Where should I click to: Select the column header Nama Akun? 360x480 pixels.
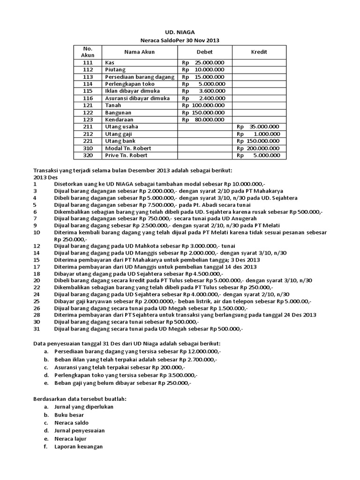[139, 52]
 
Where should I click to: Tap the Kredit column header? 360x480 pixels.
[259, 52]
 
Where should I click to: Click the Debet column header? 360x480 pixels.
[204, 52]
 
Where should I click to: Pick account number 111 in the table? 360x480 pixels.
[88, 62]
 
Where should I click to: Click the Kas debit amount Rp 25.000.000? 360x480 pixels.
[203, 62]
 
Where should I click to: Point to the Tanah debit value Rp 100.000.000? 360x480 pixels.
[203, 105]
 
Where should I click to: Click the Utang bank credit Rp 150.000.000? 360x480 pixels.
[258, 141]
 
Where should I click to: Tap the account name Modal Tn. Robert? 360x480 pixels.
[127, 148]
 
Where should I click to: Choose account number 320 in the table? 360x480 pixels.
[88, 155]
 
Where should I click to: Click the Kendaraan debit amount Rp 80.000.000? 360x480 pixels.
[203, 120]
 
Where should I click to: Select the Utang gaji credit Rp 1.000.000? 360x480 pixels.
[258, 134]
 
